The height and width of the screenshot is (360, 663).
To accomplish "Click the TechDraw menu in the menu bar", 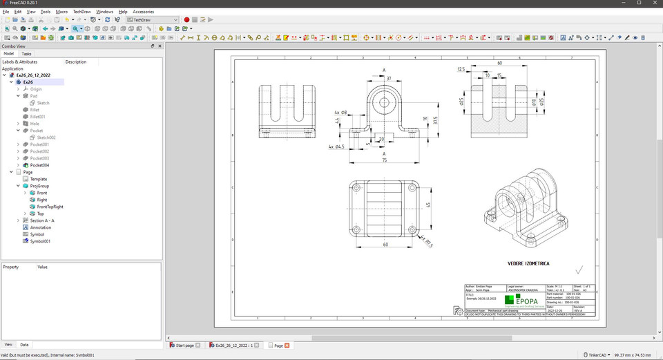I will [x=81, y=12].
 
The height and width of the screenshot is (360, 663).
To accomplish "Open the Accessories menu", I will [x=143, y=12].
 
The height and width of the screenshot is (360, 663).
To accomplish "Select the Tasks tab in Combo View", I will [x=26, y=53].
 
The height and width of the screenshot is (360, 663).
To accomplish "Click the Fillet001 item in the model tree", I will [x=38, y=117].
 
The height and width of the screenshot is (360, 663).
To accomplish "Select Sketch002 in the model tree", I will [x=46, y=138].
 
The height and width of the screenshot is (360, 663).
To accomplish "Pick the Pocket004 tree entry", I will [x=39, y=165].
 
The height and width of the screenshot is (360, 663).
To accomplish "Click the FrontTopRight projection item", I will [x=50, y=207].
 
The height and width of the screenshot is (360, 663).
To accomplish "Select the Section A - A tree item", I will [x=41, y=220].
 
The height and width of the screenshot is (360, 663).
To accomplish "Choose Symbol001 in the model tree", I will [x=40, y=241].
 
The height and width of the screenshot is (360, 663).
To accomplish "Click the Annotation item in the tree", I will [x=40, y=227].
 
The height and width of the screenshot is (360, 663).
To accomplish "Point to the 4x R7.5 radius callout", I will [x=427, y=243].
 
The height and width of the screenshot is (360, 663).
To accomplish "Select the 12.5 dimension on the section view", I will [x=461, y=69].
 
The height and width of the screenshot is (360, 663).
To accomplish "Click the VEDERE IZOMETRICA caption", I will [x=528, y=263].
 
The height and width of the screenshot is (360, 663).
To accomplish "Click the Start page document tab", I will [x=184, y=345].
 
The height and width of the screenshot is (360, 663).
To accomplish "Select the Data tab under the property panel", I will [x=24, y=344].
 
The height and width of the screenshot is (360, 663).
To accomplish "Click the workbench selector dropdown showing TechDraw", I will [x=152, y=20].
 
